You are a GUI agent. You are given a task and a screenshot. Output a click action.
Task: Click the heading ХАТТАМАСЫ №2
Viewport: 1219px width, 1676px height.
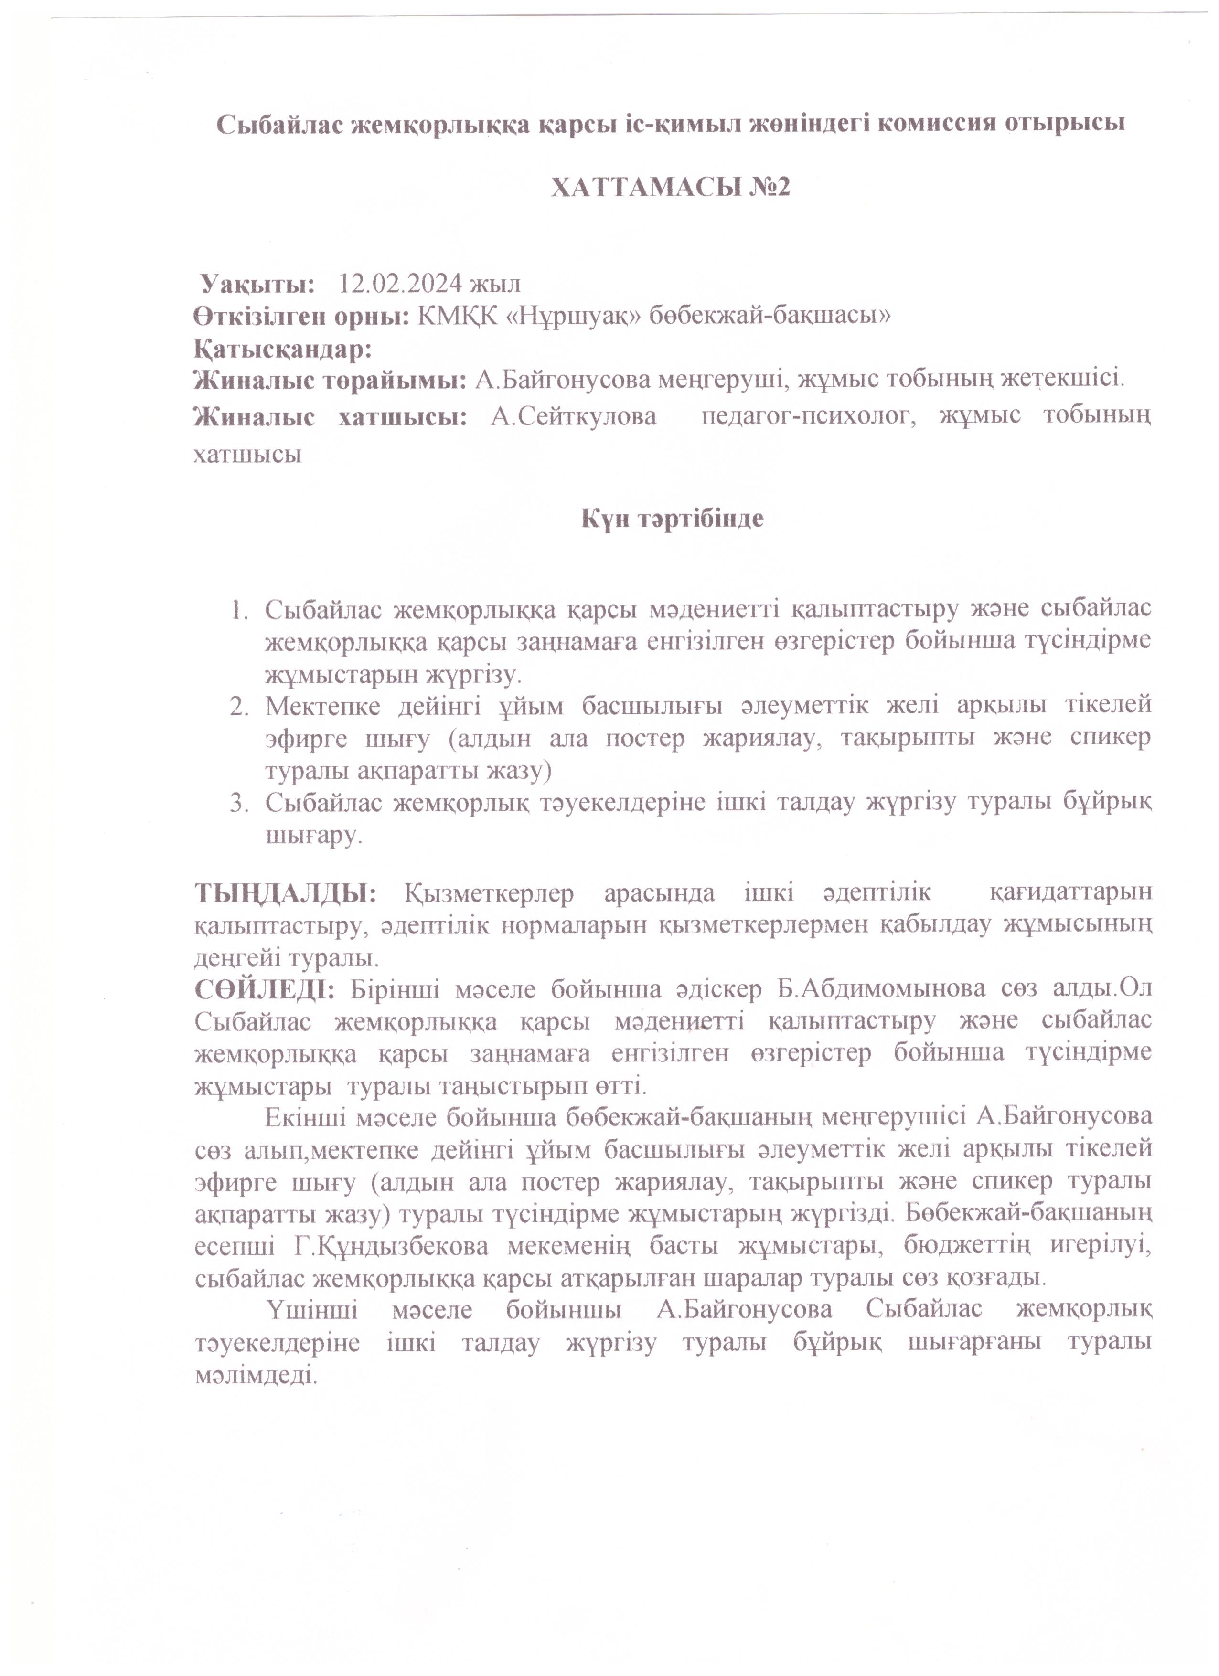(671, 188)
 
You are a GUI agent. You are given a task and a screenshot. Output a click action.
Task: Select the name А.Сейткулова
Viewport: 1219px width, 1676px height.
(573, 417)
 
